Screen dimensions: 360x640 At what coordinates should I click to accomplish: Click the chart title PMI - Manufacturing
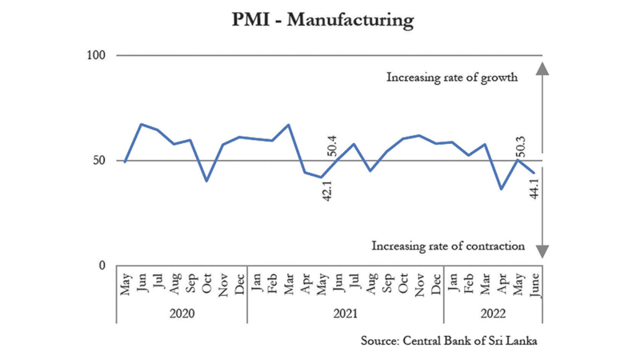(x=320, y=18)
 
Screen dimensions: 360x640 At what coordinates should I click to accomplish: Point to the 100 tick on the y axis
(x=98, y=55)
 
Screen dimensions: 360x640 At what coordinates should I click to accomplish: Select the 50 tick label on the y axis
(x=100, y=160)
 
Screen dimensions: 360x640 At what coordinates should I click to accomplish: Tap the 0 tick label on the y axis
(x=103, y=266)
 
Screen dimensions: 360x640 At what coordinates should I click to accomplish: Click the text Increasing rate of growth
(x=453, y=78)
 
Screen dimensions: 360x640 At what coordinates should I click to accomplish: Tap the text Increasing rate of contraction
(x=448, y=246)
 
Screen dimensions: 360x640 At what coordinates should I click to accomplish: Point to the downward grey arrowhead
(x=542, y=250)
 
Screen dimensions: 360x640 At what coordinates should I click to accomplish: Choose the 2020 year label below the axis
(x=182, y=313)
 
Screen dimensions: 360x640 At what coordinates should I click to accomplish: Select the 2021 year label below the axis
(x=346, y=313)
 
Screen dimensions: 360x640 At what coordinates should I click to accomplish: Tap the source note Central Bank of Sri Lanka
(x=449, y=341)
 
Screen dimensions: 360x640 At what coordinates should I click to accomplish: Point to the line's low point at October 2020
(x=207, y=181)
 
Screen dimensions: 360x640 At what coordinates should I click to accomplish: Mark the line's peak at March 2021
(x=288, y=125)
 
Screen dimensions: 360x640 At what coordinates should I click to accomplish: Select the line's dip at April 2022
(x=501, y=189)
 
